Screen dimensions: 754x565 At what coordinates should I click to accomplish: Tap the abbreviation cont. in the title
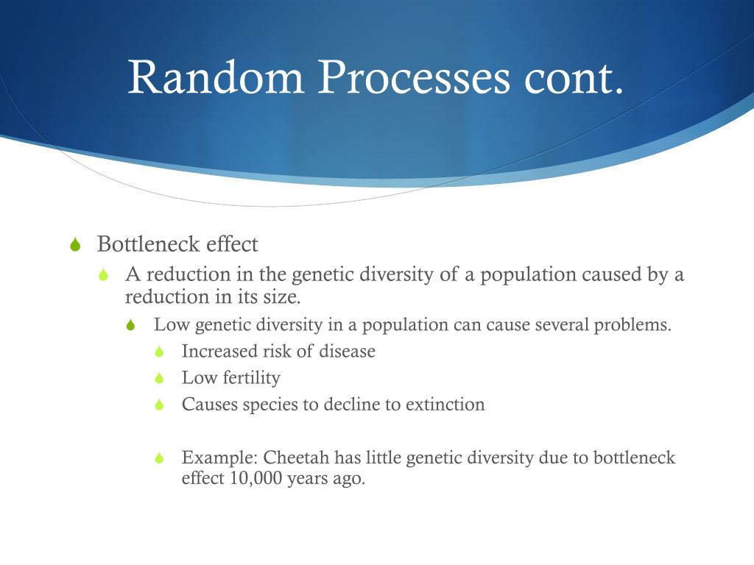573,78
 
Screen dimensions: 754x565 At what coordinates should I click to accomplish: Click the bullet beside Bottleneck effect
75,244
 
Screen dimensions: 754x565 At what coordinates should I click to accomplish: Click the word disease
347,351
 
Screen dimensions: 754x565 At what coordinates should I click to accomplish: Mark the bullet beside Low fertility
160,378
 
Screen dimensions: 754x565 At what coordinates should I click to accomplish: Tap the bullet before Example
160,458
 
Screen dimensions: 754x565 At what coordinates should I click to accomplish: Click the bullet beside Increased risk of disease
160,352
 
